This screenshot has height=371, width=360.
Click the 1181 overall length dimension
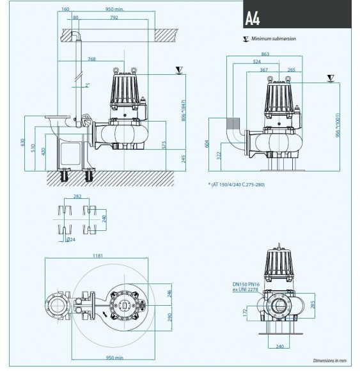point(98,257)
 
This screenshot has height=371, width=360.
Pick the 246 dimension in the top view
point(169,295)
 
